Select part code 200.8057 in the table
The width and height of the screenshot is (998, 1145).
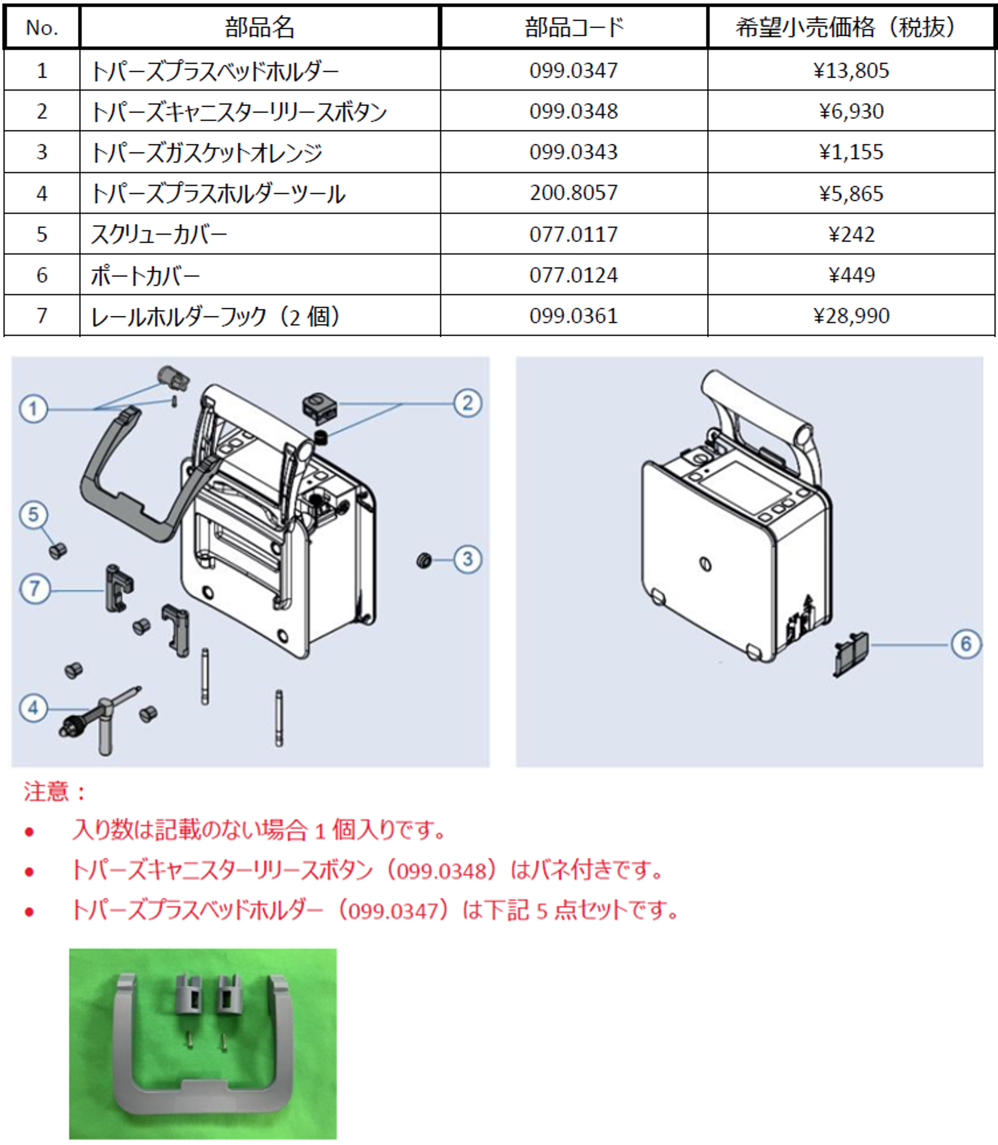pos(574,193)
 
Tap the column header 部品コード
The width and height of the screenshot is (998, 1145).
pos(574,27)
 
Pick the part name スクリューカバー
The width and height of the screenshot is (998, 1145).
pos(159,234)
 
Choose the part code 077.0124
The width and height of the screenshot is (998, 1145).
pos(574,275)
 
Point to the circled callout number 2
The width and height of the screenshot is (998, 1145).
pos(467,403)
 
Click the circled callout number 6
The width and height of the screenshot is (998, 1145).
pos(965,644)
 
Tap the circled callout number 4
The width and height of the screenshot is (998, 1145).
pos(33,708)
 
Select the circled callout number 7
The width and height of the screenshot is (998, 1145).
pos(35,589)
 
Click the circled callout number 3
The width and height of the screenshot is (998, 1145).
pos(467,559)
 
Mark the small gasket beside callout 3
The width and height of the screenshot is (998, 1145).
pos(424,560)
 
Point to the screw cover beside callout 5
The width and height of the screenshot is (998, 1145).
pos(58,551)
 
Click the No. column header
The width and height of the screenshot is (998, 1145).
pos(42,27)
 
